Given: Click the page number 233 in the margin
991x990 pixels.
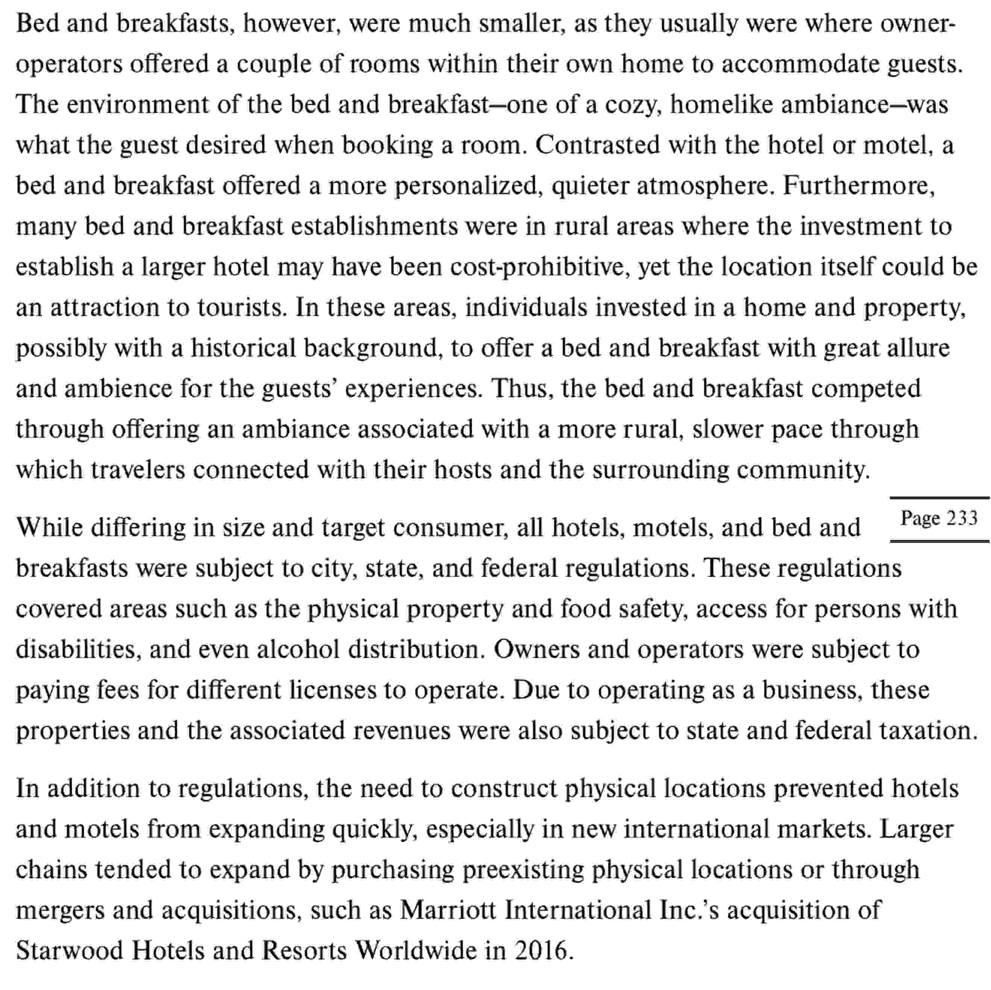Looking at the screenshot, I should [962, 518].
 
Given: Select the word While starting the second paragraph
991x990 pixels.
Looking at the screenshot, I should [49, 528].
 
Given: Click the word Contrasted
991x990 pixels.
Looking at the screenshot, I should [597, 145].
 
